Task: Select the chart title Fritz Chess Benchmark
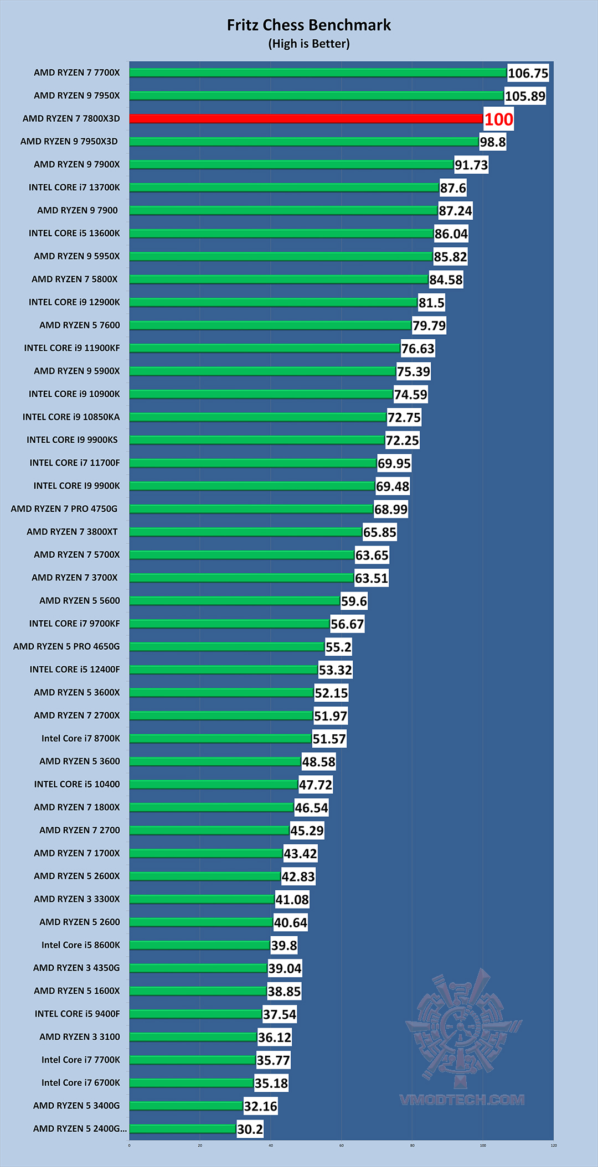pos(308,25)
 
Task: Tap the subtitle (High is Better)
pos(308,44)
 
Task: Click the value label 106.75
pos(528,73)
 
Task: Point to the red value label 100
pos(498,119)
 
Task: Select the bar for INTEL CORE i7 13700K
pos(284,188)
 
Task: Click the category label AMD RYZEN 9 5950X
pos(76,256)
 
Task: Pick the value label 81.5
pos(431,303)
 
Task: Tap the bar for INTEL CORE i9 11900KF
pos(265,348)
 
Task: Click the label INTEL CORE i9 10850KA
pos(71,417)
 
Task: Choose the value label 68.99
pos(391,509)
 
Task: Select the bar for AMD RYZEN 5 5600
pos(235,600)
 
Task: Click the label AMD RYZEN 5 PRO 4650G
pos(66,646)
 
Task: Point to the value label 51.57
pos(329,739)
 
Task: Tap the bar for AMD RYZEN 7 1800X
pos(212,807)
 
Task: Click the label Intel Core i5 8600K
pos(80,945)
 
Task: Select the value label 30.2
pos(250,1129)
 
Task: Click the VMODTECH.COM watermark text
pos(462,1099)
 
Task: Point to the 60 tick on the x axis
pos(342,1145)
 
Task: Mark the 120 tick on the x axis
pos(554,1145)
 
